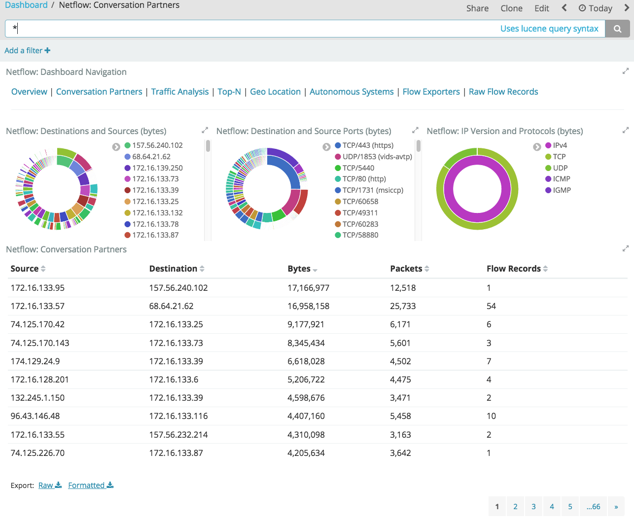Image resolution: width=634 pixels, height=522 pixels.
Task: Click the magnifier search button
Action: (617, 29)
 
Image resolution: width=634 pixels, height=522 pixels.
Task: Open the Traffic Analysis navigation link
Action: (180, 92)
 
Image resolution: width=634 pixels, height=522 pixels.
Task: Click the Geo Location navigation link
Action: (275, 92)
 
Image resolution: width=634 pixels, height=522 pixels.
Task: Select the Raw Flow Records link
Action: (503, 92)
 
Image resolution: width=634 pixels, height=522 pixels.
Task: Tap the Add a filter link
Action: (27, 50)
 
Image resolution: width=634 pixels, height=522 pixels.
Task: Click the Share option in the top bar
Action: (477, 8)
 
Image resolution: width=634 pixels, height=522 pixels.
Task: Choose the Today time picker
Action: (595, 8)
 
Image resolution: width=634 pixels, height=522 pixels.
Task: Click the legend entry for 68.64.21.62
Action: (151, 157)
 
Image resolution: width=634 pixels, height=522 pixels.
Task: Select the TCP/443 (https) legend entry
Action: (368, 145)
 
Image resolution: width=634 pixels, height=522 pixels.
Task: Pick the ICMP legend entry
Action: (561, 179)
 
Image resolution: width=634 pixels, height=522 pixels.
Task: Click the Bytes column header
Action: (299, 269)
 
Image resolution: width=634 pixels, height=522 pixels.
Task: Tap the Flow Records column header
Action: (514, 269)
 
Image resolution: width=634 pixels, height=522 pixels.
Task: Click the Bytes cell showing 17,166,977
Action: (308, 288)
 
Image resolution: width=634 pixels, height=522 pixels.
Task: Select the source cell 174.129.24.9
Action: (35, 361)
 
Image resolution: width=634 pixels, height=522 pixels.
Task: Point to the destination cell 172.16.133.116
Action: (178, 416)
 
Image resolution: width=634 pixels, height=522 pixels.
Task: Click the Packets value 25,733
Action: (403, 306)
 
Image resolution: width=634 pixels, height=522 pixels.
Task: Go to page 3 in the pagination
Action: (533, 507)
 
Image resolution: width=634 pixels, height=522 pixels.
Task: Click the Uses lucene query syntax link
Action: (549, 29)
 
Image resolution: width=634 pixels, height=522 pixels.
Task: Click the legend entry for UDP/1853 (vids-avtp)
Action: (377, 157)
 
